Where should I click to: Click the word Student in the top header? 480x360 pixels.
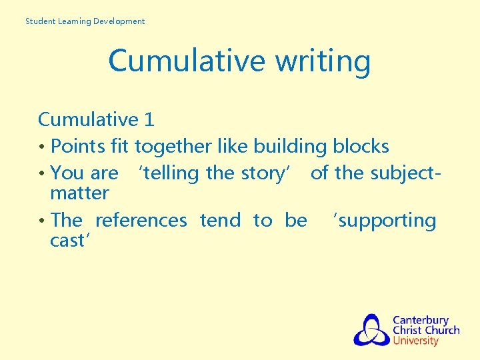(40, 21)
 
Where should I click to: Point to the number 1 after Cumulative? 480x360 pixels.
(149, 120)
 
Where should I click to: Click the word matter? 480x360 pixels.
(79, 193)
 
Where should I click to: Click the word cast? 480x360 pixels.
(68, 241)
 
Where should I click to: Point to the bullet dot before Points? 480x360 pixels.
(42, 147)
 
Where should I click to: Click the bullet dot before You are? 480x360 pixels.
(42, 174)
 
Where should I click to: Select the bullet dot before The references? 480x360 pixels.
(42, 221)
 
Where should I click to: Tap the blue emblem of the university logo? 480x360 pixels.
(371, 330)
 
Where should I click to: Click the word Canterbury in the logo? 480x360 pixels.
(421, 320)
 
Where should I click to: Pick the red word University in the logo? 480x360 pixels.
(416, 341)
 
